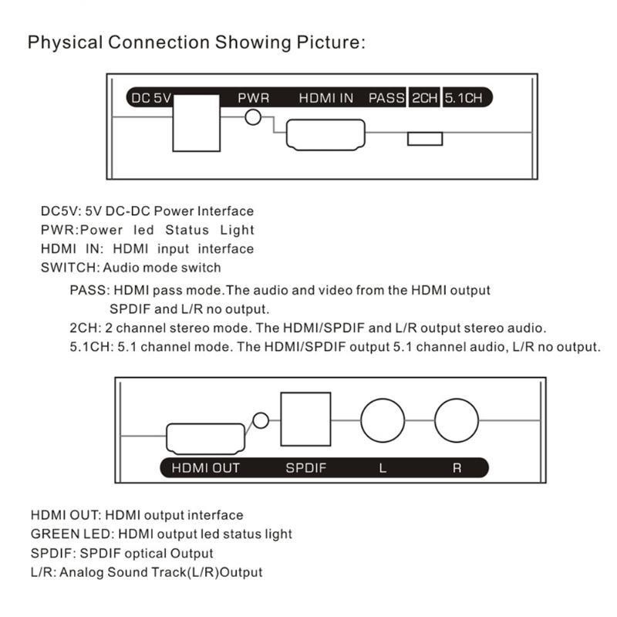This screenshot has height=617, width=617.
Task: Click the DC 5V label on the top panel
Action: point(151,98)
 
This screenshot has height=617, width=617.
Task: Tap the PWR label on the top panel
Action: point(254,98)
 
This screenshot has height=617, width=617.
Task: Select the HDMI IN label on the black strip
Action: point(326,98)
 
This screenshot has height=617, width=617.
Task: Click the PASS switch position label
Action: point(386,98)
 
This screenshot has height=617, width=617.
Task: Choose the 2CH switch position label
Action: point(425,98)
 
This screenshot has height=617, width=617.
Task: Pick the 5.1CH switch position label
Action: point(464,98)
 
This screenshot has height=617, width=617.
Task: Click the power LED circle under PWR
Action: point(253,117)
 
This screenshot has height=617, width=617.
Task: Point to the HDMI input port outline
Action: point(325,134)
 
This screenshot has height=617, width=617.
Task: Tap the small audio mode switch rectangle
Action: point(425,139)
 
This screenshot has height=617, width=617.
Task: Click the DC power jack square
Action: point(197,123)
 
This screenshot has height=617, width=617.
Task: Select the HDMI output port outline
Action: point(205,438)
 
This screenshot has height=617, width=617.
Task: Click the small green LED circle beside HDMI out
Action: point(261,420)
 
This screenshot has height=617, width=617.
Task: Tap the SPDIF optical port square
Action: point(305,419)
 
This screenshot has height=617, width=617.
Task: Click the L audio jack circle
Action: point(383,420)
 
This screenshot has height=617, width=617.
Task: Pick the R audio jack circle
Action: point(457,420)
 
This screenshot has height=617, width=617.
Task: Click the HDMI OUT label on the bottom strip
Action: point(205,468)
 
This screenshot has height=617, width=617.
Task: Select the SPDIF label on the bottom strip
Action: point(306,468)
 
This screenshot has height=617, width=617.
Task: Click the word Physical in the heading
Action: point(66,43)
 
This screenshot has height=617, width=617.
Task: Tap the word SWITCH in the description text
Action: point(69,268)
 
